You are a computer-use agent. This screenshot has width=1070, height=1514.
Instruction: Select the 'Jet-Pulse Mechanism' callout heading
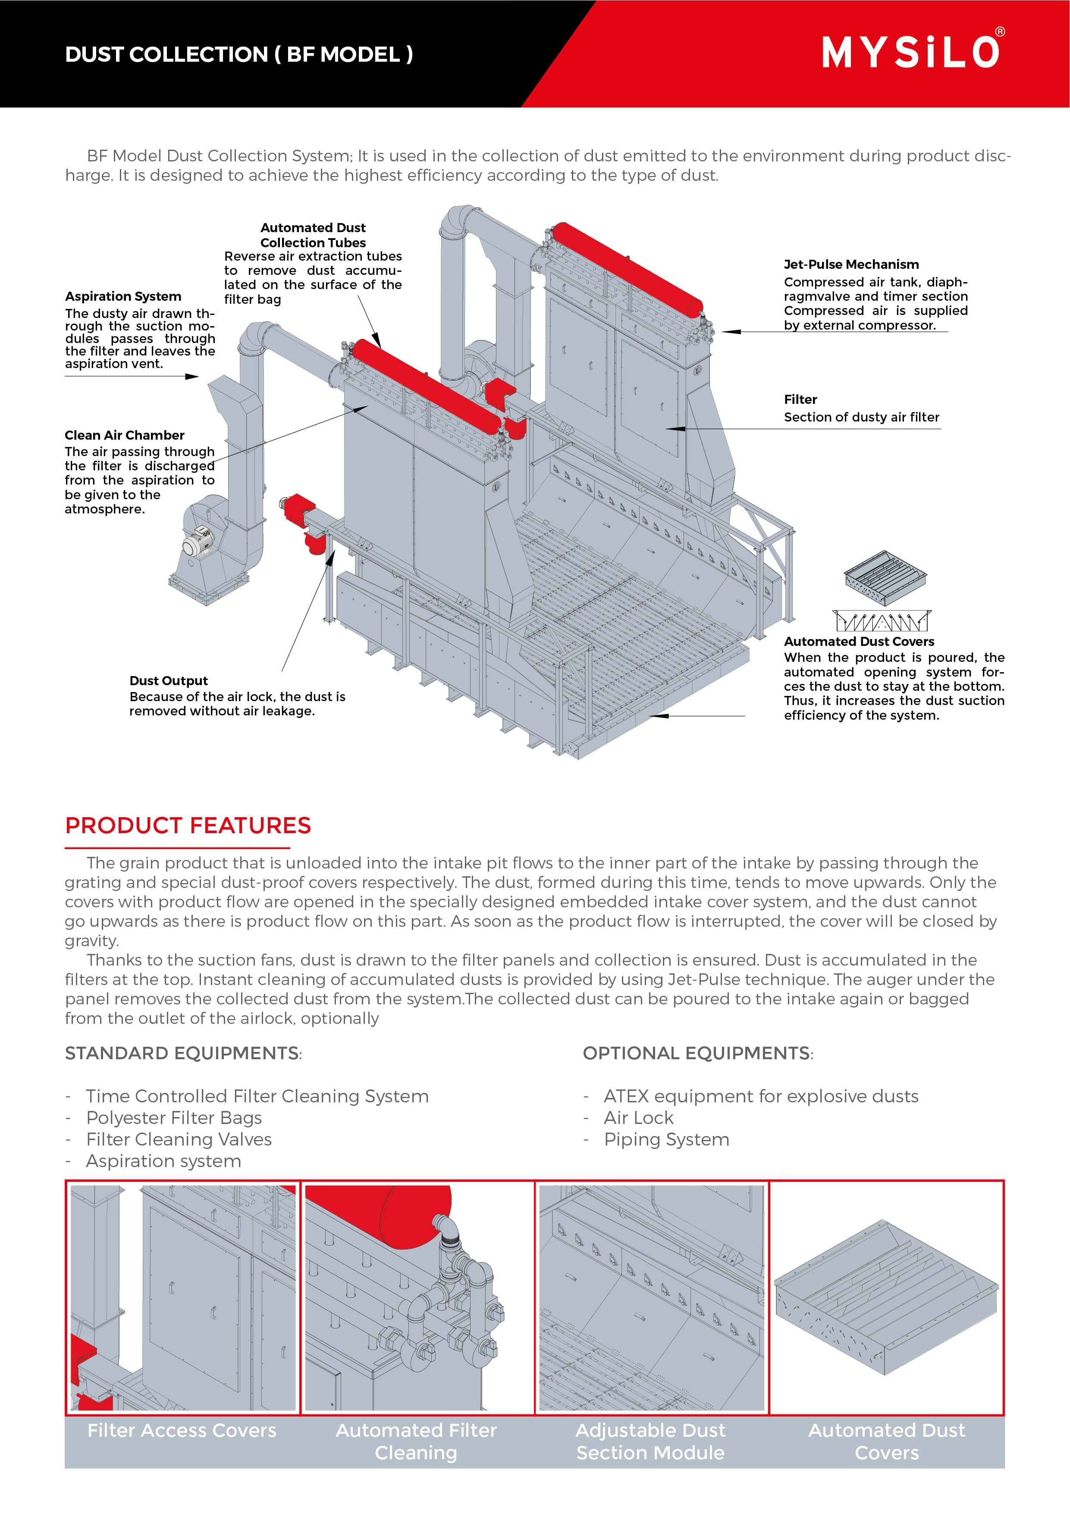click(850, 264)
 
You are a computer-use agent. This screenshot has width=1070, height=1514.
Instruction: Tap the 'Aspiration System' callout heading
click(122, 296)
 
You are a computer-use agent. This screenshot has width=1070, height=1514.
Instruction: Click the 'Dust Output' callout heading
click(168, 680)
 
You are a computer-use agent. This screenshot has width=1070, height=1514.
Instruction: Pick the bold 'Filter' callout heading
click(800, 400)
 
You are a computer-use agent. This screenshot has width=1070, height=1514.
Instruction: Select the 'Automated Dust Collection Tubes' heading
click(313, 235)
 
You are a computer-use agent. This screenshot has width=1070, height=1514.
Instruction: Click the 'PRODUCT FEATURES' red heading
click(188, 825)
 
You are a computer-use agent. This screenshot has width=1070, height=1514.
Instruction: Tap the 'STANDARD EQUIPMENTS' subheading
click(182, 1053)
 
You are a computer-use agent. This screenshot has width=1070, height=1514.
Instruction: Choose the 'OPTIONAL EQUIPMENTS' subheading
click(697, 1053)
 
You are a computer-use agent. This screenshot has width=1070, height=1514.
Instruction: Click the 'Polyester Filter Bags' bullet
click(174, 1117)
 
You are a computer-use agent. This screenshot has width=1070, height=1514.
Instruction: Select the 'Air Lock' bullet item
click(638, 1117)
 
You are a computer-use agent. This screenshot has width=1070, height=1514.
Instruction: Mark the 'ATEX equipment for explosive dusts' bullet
click(761, 1096)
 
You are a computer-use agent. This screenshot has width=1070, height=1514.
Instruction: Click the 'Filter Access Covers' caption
click(182, 1430)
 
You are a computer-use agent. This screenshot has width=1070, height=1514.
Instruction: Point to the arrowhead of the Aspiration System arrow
click(192, 377)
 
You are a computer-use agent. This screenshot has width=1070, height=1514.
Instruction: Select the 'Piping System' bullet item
click(666, 1139)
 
